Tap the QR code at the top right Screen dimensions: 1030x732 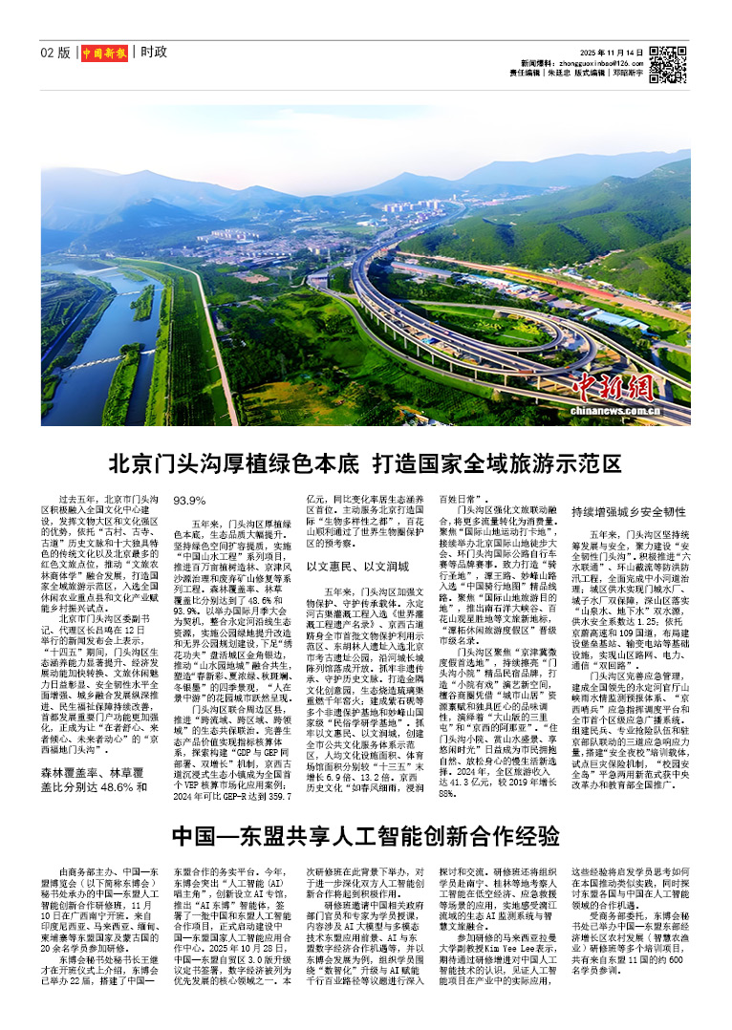pos(667,63)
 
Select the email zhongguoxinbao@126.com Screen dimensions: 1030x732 pos(594,61)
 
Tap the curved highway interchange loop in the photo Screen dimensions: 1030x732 pos(449,315)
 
